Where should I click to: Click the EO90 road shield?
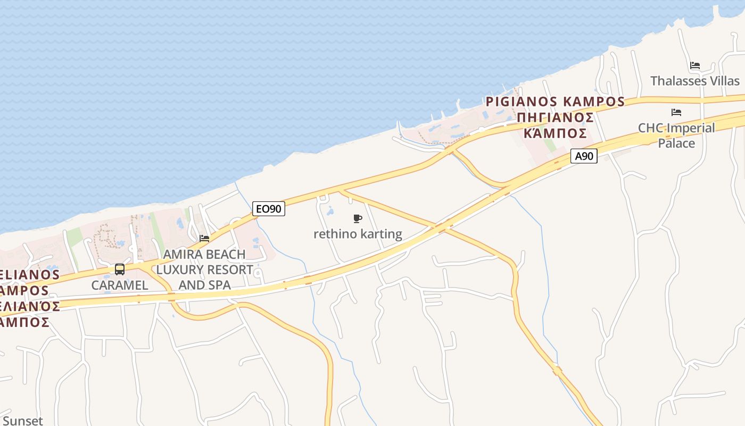tap(268, 209)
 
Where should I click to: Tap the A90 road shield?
tap(584, 156)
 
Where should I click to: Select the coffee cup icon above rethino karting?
tap(358, 218)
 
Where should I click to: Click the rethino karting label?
tap(358, 234)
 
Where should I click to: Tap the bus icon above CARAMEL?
tap(120, 269)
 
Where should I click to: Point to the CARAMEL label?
tap(120, 285)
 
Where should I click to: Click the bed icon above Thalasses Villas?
tap(694, 65)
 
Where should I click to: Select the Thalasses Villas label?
tap(695, 81)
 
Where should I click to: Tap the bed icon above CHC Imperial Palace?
tap(676, 112)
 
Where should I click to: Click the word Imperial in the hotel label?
tap(692, 128)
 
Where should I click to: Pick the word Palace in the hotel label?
tap(676, 143)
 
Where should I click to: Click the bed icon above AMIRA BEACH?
tap(204, 238)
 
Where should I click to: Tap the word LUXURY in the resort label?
tap(179, 269)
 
